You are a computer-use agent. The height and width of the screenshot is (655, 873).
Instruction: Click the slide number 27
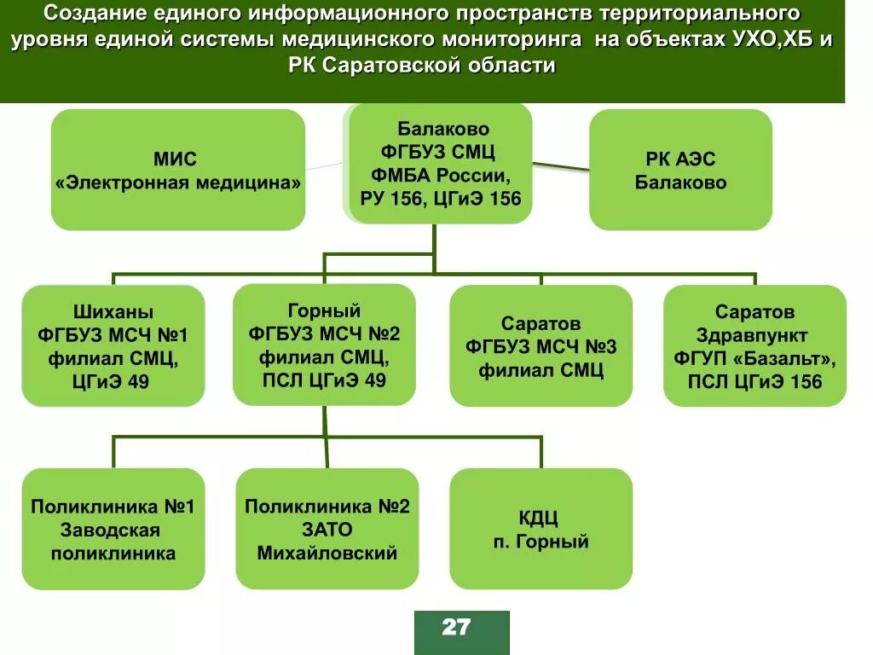(456, 628)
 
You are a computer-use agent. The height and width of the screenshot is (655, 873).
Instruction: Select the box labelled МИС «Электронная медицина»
(177, 170)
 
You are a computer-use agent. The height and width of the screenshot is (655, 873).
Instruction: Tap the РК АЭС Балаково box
(680, 170)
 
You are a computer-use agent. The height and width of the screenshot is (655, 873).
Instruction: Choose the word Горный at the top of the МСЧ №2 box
(324, 310)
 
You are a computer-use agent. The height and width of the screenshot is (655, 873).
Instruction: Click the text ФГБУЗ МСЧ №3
(541, 347)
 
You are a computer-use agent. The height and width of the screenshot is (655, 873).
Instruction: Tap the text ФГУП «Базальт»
(754, 358)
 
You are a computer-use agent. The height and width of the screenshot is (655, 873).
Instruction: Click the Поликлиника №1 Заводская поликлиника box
(113, 529)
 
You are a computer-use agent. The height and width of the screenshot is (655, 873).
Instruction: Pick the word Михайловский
(327, 553)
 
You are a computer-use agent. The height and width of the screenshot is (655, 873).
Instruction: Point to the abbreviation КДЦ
(541, 518)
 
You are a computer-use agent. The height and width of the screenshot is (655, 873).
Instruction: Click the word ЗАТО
(327, 530)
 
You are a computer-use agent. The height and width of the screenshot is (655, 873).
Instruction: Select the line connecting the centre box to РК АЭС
(561, 165)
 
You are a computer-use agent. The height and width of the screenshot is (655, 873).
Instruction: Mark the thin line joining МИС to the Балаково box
(326, 165)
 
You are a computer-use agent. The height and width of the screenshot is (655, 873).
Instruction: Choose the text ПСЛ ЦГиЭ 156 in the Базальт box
(754, 381)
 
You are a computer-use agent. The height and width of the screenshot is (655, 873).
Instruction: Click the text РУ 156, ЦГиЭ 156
(441, 199)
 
